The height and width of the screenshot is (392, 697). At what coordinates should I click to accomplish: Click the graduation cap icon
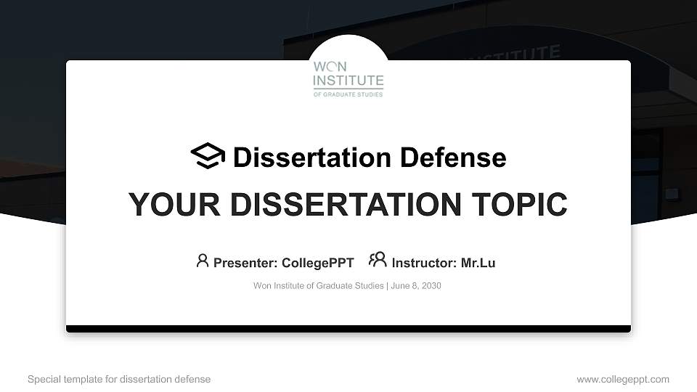click(208, 156)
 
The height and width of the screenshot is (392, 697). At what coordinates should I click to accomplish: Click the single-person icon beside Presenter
click(203, 260)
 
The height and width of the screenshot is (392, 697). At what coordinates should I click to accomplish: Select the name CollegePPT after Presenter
click(317, 263)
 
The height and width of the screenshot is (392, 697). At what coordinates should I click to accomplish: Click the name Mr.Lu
click(478, 263)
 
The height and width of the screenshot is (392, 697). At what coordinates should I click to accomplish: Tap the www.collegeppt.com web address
click(623, 379)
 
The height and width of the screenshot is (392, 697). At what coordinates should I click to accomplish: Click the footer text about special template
click(119, 379)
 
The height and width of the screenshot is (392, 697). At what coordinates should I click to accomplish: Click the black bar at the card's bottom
click(348, 329)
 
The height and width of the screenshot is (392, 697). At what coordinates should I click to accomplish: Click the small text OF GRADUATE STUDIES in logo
click(348, 94)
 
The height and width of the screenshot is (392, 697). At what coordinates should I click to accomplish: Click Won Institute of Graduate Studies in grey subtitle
click(318, 285)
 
